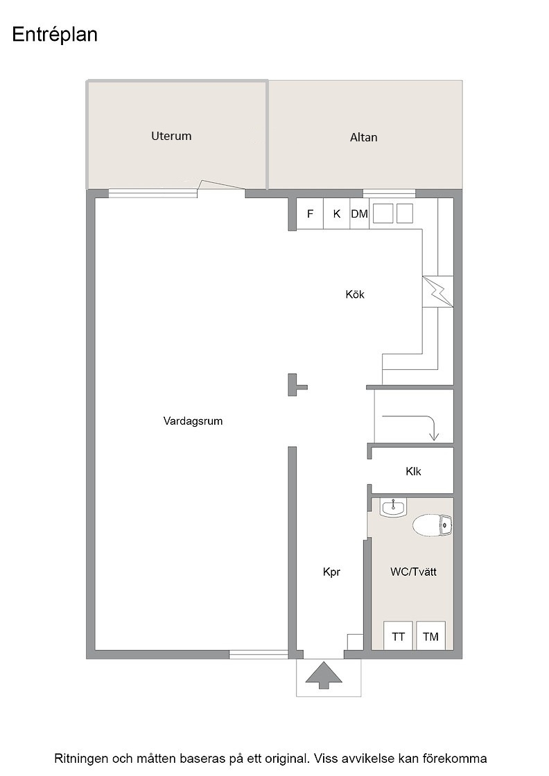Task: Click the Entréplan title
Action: (x=55, y=35)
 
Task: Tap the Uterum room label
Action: (x=171, y=136)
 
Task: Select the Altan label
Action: (x=363, y=138)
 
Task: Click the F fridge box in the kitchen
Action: (x=311, y=214)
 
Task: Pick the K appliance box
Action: (x=337, y=214)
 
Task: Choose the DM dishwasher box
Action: (x=359, y=214)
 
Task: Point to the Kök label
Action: (x=355, y=294)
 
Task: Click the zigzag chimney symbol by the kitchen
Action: (x=437, y=292)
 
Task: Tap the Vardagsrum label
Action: (x=193, y=421)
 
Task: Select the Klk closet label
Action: (x=413, y=472)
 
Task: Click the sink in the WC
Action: (x=392, y=507)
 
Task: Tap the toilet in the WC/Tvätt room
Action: (x=432, y=526)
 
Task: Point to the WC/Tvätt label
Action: (x=413, y=572)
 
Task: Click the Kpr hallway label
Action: (x=331, y=572)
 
